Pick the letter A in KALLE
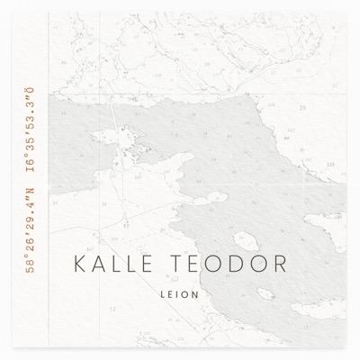point(95,265)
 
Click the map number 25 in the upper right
point(303,107)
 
